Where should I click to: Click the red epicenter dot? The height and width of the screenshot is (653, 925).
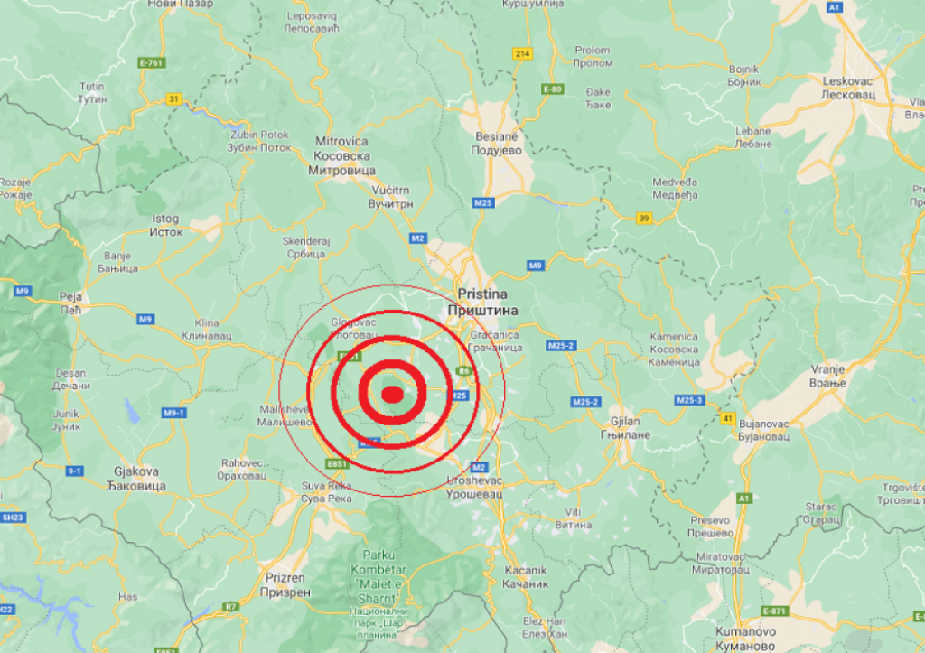click(392, 393)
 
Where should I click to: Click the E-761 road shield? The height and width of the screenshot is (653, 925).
click(151, 62)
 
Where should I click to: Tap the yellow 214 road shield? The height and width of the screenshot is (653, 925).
click(521, 53)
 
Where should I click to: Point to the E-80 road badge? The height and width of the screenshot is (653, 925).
click(553, 89)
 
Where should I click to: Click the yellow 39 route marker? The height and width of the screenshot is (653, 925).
click(643, 218)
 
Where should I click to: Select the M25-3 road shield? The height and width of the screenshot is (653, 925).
click(689, 399)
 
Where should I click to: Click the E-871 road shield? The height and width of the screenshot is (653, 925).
click(774, 611)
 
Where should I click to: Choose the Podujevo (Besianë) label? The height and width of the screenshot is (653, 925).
click(499, 144)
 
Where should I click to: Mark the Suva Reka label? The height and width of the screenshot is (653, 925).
click(325, 491)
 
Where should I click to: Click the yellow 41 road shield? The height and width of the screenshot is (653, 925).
click(728, 418)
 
